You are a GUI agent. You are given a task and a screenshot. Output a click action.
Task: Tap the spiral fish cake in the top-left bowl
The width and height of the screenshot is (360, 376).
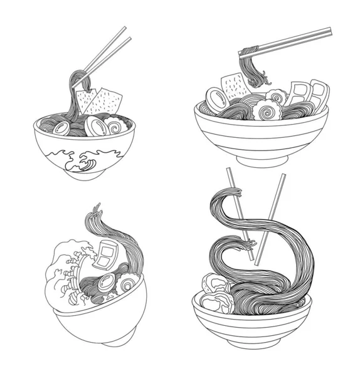pyautogui.click(x=116, y=127)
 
